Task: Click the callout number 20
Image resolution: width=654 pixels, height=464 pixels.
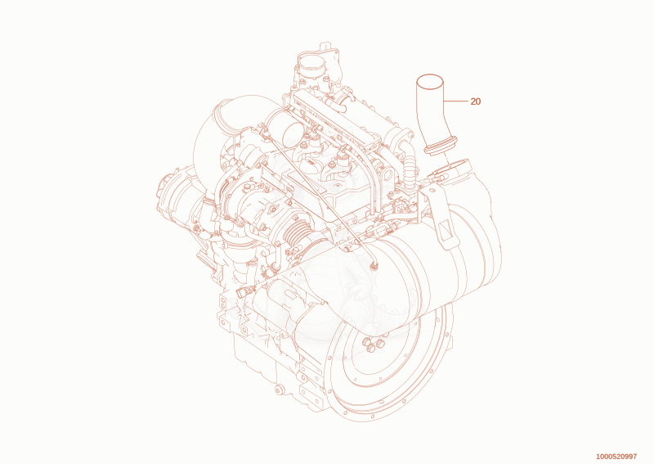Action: point(476,101)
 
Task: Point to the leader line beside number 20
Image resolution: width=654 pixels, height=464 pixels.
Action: point(455,101)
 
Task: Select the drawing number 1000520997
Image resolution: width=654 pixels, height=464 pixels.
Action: point(616,457)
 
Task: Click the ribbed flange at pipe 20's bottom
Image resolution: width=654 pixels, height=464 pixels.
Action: point(441,146)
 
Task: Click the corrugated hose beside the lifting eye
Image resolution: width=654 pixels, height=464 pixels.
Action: point(410,165)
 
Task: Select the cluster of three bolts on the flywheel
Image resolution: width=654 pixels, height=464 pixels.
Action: point(374,345)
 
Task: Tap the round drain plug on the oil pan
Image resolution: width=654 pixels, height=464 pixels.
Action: point(279,390)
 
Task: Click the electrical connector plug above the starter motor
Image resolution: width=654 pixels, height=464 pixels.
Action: point(242,291)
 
